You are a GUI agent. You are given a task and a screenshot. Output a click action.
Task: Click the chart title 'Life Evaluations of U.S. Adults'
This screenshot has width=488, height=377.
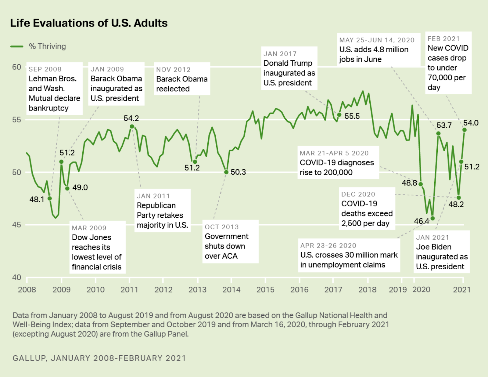pyautogui.click(x=89, y=23)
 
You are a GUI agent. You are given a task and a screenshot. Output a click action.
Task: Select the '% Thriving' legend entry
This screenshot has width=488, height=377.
pyautogui.click(x=47, y=46)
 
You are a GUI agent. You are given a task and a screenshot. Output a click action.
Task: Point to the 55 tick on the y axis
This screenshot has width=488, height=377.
pyautogui.click(x=17, y=120)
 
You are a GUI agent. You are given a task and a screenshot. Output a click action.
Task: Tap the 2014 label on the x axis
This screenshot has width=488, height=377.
pyautogui.click(x=231, y=290)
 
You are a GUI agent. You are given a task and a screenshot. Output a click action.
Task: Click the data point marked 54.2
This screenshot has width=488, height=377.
pyautogui.click(x=132, y=126)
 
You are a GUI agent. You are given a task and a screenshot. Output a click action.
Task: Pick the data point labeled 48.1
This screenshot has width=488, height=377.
pyautogui.click(x=50, y=198)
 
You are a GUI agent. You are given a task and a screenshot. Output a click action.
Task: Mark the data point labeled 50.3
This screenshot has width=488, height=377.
pyautogui.click(x=226, y=172)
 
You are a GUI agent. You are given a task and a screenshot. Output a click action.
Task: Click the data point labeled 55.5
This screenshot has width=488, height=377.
pyautogui.click(x=339, y=115)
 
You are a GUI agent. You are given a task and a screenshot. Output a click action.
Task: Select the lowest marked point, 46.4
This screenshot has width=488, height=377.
pyautogui.click(x=432, y=218)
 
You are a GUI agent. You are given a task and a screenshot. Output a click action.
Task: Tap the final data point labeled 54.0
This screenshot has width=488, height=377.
pyautogui.click(x=465, y=130)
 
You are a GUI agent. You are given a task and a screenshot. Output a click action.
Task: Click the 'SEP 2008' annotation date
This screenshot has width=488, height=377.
pyautogui.click(x=45, y=69)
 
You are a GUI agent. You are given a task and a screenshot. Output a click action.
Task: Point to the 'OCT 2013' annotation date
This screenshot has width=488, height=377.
pyautogui.click(x=222, y=227)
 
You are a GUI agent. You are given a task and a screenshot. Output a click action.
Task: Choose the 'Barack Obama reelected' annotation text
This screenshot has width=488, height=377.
pyautogui.click(x=182, y=84)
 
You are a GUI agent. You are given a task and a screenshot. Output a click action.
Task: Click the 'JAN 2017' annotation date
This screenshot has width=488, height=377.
pyautogui.click(x=280, y=54)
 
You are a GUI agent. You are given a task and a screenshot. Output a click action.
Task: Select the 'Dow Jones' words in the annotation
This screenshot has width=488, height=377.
pyautogui.click(x=91, y=237)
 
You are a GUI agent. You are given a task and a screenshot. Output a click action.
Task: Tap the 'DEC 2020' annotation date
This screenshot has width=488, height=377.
pyautogui.click(x=358, y=194)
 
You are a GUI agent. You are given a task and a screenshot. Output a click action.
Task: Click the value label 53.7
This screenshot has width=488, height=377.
pyautogui.click(x=444, y=125)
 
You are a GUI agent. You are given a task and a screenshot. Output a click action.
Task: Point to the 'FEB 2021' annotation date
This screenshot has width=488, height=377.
pyautogui.click(x=443, y=39)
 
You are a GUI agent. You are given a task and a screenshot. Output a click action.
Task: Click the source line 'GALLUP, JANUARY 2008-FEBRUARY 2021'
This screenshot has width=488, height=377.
pyautogui.click(x=99, y=358)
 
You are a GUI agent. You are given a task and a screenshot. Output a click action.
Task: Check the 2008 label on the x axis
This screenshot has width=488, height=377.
pyautogui.click(x=27, y=290)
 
